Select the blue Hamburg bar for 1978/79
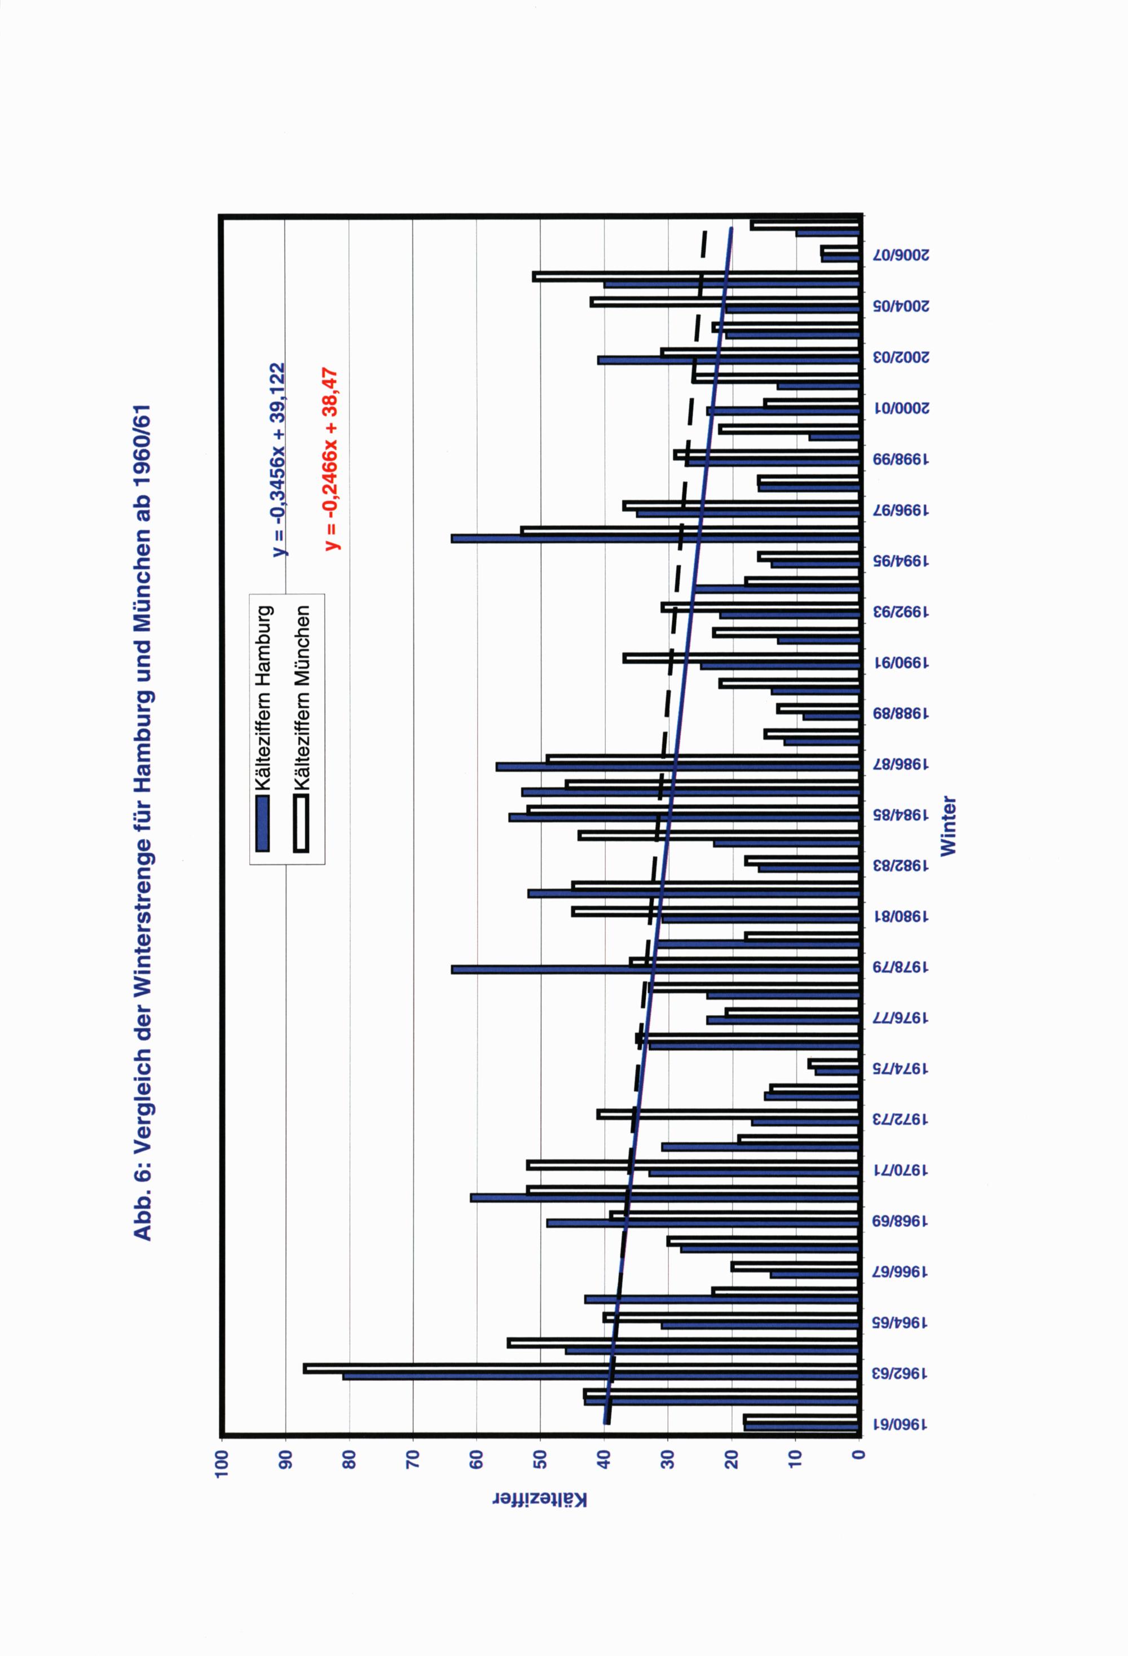(655, 970)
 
